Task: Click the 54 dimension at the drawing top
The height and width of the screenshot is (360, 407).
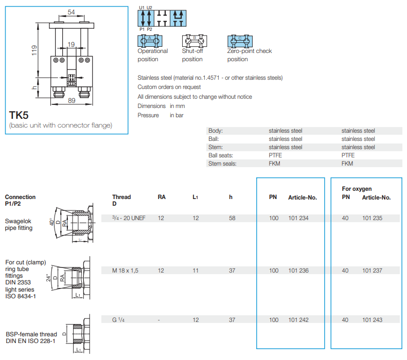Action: [x=71, y=12]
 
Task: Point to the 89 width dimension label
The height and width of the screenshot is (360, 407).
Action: [x=72, y=101]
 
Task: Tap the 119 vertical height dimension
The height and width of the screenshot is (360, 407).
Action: [x=34, y=50]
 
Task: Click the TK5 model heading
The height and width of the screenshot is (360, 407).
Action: [x=19, y=115]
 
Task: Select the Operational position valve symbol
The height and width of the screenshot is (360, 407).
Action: [x=150, y=41]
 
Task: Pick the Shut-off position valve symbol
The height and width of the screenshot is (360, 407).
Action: [x=194, y=41]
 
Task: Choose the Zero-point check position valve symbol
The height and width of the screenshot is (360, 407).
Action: [x=240, y=41]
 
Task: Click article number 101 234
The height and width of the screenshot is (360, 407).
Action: [x=298, y=218]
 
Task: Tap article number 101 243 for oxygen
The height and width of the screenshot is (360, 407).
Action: [x=372, y=320]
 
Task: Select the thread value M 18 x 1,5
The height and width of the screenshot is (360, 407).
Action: [x=125, y=271]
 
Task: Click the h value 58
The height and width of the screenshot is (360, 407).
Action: [x=232, y=218]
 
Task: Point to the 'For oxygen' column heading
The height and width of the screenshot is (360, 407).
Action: [x=357, y=189]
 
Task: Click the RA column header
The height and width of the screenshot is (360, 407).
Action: [x=162, y=197]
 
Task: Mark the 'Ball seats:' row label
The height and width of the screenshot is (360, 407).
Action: [x=221, y=155]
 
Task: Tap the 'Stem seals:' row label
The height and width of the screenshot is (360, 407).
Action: [x=222, y=164]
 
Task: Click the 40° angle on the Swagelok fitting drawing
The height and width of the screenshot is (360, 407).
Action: [x=52, y=222]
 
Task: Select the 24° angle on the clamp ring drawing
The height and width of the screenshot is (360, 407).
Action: [x=48, y=278]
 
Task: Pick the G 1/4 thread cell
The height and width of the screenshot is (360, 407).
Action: [x=118, y=320]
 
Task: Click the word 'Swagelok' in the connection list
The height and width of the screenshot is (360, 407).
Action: [x=18, y=221]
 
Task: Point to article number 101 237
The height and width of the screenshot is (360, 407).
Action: [x=372, y=271]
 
